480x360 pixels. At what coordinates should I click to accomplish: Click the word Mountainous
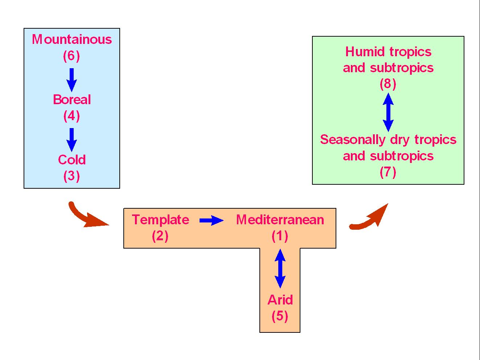pyautogui.click(x=72, y=39)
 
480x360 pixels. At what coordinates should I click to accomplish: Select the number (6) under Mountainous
pyautogui.click(x=71, y=56)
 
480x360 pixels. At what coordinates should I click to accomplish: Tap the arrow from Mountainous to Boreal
pyautogui.click(x=71, y=79)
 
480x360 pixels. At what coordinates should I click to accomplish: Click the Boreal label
pyautogui.click(x=72, y=99)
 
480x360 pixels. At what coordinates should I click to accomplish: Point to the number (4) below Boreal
pyautogui.click(x=71, y=116)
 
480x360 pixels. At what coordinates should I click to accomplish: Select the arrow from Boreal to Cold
pyautogui.click(x=71, y=139)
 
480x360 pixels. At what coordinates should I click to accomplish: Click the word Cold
pyautogui.click(x=72, y=160)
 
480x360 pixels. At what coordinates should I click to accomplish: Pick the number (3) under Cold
pyautogui.click(x=71, y=176)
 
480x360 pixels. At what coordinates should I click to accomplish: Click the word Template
pyautogui.click(x=160, y=220)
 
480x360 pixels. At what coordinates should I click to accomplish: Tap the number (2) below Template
pyautogui.click(x=160, y=236)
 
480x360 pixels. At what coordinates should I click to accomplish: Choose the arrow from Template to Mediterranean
pyautogui.click(x=212, y=220)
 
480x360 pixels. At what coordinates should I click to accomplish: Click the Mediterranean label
pyautogui.click(x=280, y=220)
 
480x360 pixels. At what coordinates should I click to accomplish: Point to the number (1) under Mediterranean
pyautogui.click(x=280, y=236)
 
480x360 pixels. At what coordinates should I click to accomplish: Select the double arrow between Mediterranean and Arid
pyautogui.click(x=280, y=268)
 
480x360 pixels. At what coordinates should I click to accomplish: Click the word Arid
pyautogui.click(x=280, y=300)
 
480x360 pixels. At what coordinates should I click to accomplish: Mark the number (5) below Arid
pyautogui.click(x=280, y=316)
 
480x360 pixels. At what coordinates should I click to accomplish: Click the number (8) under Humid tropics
pyautogui.click(x=388, y=84)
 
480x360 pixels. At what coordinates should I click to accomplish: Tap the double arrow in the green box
pyautogui.click(x=388, y=112)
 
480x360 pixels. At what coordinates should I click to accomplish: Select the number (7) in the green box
pyautogui.click(x=388, y=172)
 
